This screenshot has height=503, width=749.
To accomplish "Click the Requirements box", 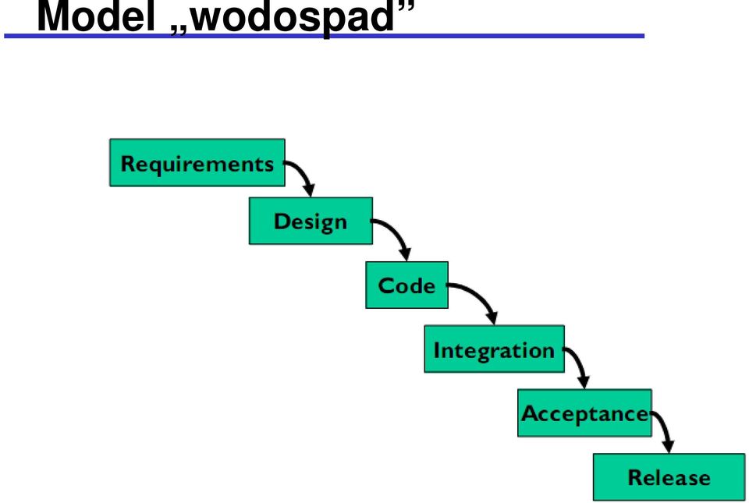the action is tap(197, 163).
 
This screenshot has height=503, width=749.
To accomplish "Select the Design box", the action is tap(311, 221).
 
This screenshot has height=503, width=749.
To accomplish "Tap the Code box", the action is tap(407, 285).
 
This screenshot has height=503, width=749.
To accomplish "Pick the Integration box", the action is tap(495, 349).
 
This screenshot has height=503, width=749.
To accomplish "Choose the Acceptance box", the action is tap(584, 413).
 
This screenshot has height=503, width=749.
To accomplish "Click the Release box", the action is tap(669, 476).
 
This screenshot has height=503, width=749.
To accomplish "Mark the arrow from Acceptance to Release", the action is tap(665, 427).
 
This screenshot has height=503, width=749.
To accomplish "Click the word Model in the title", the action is tap(96, 17).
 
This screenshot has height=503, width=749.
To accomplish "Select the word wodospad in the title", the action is tap(293, 18).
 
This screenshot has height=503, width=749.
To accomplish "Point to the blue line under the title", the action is tap(325, 36).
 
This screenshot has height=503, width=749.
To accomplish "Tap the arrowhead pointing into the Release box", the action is tap(669, 446).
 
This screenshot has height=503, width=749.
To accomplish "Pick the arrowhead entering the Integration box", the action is tap(492, 318).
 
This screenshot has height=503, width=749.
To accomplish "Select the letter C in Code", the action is tap(385, 285).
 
